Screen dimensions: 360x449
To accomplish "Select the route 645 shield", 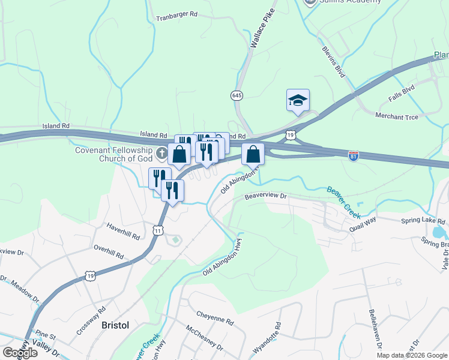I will pos(236,95).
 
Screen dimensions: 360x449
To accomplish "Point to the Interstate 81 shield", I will pos(354,155).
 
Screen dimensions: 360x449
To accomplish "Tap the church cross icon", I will pos(161,154).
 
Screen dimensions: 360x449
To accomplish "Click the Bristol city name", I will pos(115,325).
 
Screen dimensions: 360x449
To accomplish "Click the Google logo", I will pos(20,353).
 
